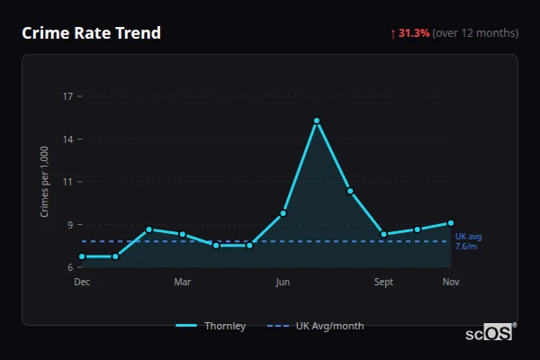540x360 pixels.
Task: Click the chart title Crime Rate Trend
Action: [x=91, y=33]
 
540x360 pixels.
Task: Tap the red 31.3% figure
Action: [x=413, y=33]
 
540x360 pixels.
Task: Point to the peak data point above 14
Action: [x=317, y=121]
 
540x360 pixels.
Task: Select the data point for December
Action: [x=82, y=256]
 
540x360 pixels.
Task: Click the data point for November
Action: [x=451, y=222]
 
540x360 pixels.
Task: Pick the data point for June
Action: [x=283, y=213]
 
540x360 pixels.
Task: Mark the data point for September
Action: [x=383, y=234]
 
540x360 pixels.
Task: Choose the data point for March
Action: [x=183, y=234]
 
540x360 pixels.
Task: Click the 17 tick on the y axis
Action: [x=67, y=95]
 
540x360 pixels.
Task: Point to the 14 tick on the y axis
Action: [x=67, y=139]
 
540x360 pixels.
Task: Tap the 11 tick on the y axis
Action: [x=67, y=182]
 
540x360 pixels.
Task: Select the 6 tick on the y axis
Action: [x=70, y=267]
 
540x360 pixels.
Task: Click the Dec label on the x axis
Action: [x=82, y=282]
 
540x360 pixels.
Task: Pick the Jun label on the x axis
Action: [x=283, y=282]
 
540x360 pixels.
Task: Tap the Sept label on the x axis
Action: [x=383, y=282]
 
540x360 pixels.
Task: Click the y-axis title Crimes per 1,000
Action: [x=45, y=182]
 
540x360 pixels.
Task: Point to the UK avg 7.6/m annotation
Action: [x=468, y=241]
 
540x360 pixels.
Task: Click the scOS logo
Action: [x=488, y=333]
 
